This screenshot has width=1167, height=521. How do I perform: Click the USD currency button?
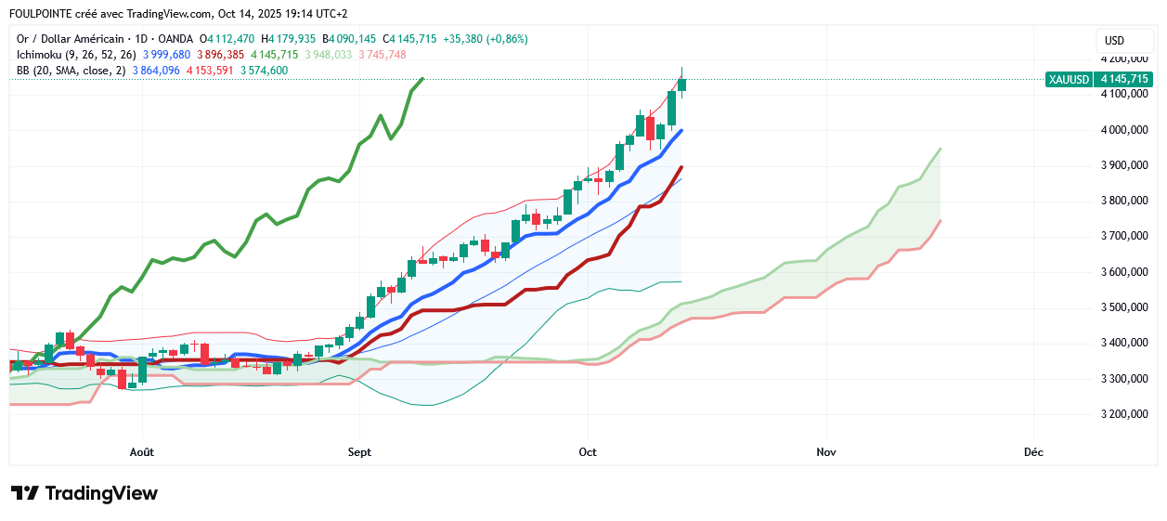pyautogui.click(x=1114, y=41)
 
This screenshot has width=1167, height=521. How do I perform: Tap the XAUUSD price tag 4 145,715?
pyautogui.click(x=1099, y=80)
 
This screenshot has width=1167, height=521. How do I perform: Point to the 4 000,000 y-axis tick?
pyautogui.click(x=1122, y=130)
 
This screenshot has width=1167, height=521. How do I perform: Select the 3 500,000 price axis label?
pyautogui.click(x=1122, y=307)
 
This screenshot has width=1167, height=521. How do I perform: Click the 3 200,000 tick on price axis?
pyautogui.click(x=1122, y=414)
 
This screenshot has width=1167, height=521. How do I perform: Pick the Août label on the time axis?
pyautogui.click(x=142, y=452)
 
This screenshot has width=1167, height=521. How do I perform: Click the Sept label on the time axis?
pyautogui.click(x=359, y=452)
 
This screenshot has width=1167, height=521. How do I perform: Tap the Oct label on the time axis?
pyautogui.click(x=587, y=452)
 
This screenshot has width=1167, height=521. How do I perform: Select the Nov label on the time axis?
pyautogui.click(x=826, y=452)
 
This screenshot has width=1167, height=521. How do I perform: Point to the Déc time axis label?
pyautogui.click(x=1033, y=452)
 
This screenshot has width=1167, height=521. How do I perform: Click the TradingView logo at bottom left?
pyautogui.click(x=84, y=493)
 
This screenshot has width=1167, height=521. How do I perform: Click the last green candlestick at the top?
pyautogui.click(x=682, y=85)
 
